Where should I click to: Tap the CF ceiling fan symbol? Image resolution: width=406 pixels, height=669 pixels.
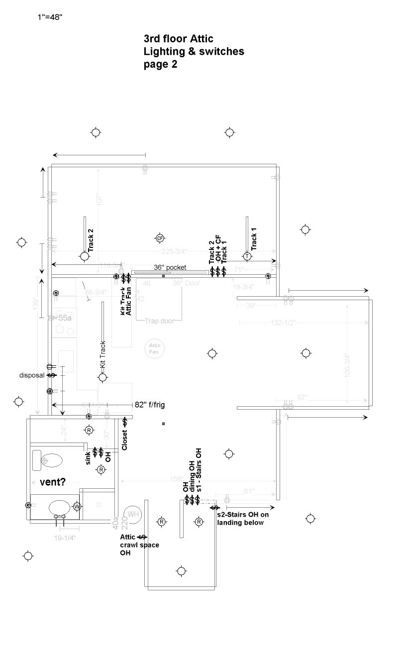tap(160, 238)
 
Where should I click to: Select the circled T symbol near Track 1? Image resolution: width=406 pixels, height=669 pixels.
tap(247, 256)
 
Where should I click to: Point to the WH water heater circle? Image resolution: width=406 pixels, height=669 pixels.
tap(133, 514)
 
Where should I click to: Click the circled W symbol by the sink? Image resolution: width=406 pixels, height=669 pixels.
tap(77, 506)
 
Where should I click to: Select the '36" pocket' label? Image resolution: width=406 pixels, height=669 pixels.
tap(170, 267)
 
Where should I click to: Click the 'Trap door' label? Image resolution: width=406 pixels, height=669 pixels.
tap(160, 321)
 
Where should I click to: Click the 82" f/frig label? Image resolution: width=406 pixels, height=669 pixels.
tap(149, 405)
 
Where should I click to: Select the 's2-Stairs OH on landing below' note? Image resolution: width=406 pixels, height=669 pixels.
tap(242, 518)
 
